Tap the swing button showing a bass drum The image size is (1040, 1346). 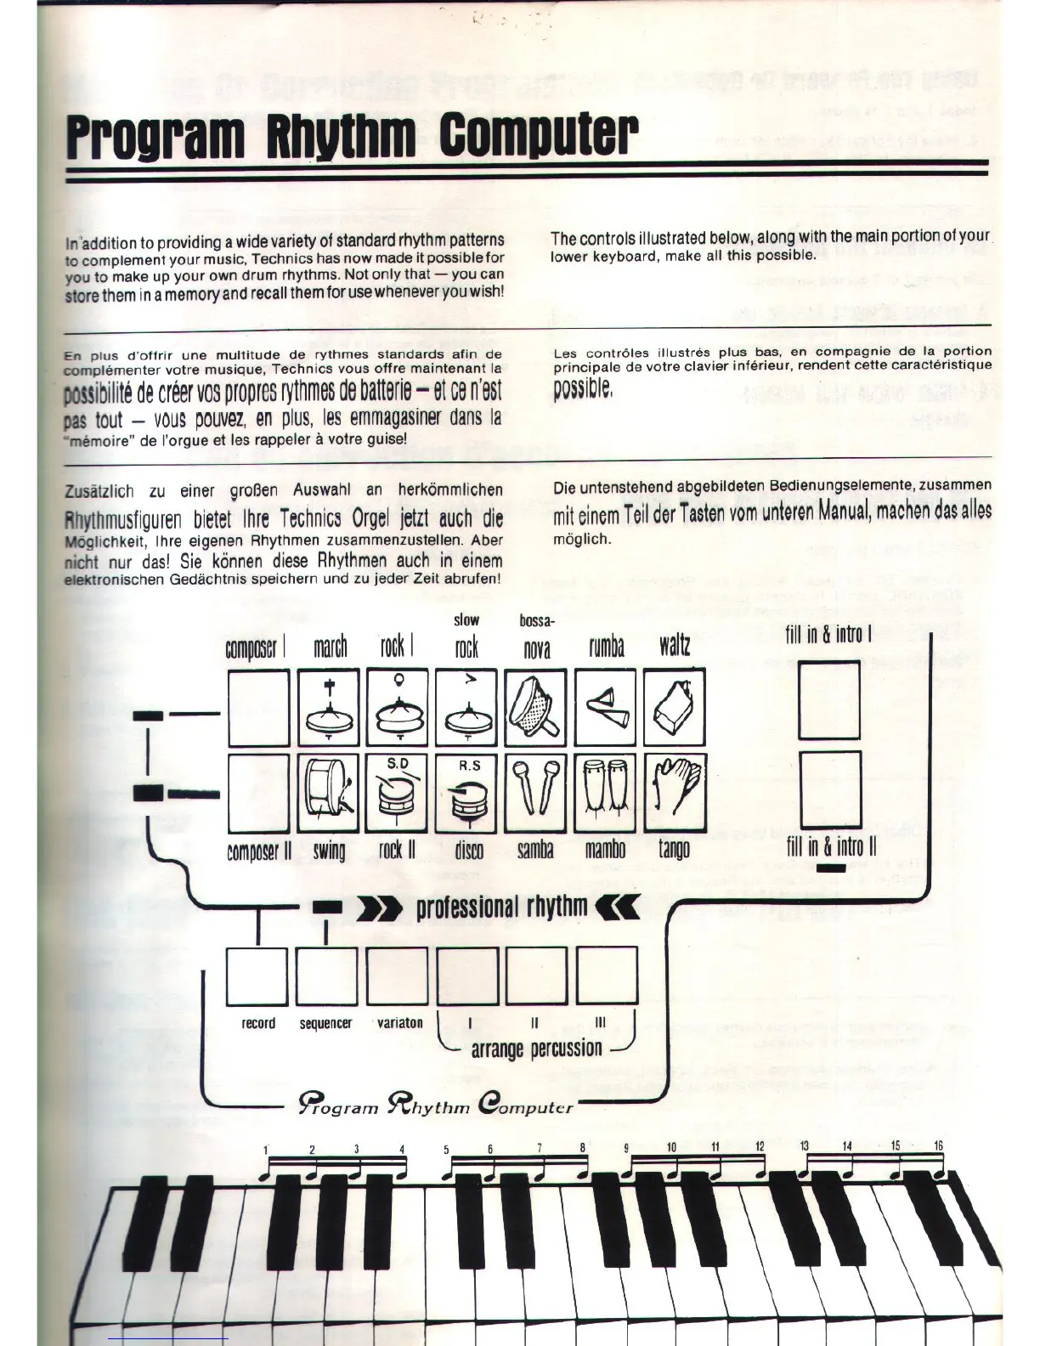tap(329, 794)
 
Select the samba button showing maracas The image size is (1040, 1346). tap(535, 794)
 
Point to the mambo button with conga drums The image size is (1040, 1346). tap(605, 794)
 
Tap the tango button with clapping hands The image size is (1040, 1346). tap(674, 794)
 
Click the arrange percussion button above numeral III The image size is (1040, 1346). tap(607, 975)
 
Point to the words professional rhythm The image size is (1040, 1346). tap(501, 907)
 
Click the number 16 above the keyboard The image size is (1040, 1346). tap(938, 1146)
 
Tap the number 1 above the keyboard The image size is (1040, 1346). tap(266, 1150)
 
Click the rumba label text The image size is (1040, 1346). tap(606, 648)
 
